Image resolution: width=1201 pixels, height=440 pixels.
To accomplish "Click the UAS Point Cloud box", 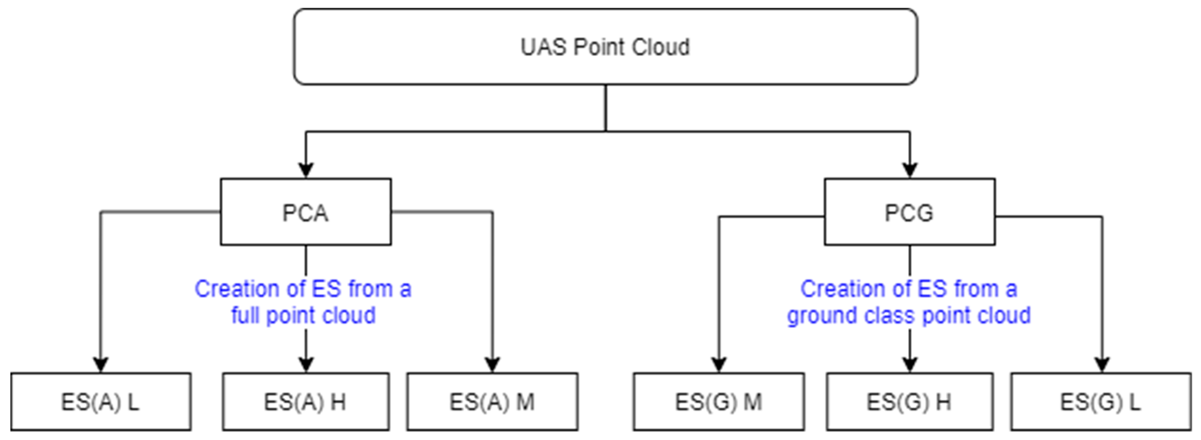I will coord(605,47).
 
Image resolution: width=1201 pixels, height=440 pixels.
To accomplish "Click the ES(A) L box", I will coord(101,402).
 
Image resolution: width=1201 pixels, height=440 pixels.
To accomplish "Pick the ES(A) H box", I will coord(305,402).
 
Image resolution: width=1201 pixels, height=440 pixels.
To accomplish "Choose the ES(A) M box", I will coord(492,402).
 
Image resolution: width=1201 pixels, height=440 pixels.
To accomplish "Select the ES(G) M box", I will coord(719,402).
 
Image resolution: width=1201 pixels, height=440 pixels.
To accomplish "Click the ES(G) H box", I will coord(909,402).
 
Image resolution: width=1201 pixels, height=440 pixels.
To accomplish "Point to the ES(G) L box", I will coord(1101,402).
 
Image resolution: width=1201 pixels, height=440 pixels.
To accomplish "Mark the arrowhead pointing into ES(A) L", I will coord(101,364).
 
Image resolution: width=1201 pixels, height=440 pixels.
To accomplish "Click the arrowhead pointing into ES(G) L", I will coord(1102,364).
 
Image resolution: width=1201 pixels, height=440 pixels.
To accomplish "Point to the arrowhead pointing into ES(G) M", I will coord(719,364).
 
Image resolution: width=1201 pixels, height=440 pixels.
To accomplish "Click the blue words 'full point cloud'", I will coord(303,315).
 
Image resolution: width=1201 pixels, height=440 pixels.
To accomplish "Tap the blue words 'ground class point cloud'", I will coord(909,315).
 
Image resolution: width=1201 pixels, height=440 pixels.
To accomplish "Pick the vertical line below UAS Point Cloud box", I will coord(606,108).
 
